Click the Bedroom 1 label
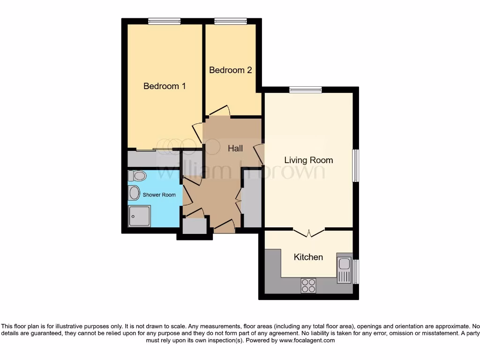pyautogui.click(x=165, y=86)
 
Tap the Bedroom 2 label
pyautogui.click(x=230, y=70)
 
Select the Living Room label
pyautogui.click(x=308, y=160)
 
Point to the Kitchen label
pyautogui.click(x=308, y=257)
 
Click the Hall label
pyautogui.click(x=235, y=148)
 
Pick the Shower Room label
pyautogui.click(x=159, y=195)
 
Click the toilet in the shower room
pyautogui.click(x=137, y=176)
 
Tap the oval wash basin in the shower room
pyautogui.click(x=134, y=193)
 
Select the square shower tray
pyautogui.click(x=140, y=216)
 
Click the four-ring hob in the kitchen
pyautogui.click(x=308, y=285)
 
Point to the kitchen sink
pyautogui.click(x=344, y=269)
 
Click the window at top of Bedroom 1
pyautogui.click(x=164, y=21)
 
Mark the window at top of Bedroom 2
pyautogui.click(x=230, y=21)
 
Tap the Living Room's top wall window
pyautogui.click(x=305, y=90)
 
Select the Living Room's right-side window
pyautogui.click(x=356, y=165)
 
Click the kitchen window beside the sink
pyautogui.click(x=356, y=272)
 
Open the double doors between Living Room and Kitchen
pyautogui.click(x=309, y=232)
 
